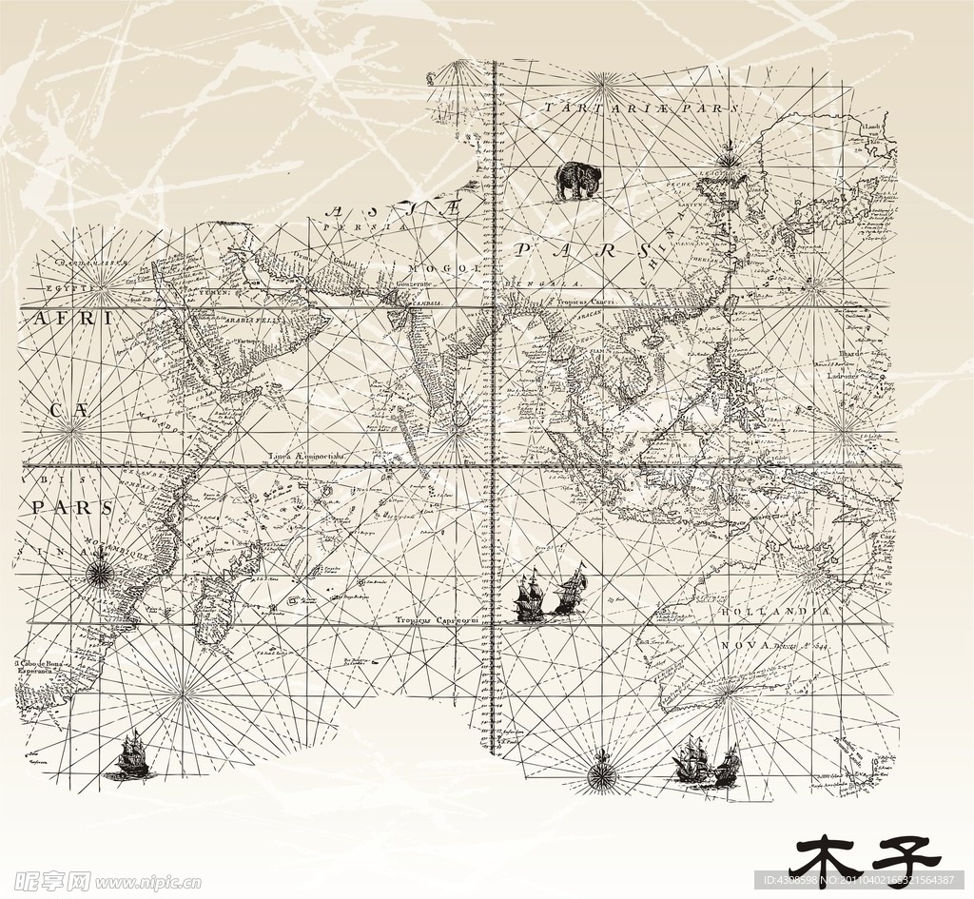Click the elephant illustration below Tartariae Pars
(x=576, y=180)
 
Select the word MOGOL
(x=458, y=269)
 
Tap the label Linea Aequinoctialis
(x=307, y=457)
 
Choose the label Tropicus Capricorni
(x=437, y=619)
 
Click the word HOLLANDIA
(x=775, y=612)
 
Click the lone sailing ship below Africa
(x=130, y=756)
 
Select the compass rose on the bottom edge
(x=601, y=772)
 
